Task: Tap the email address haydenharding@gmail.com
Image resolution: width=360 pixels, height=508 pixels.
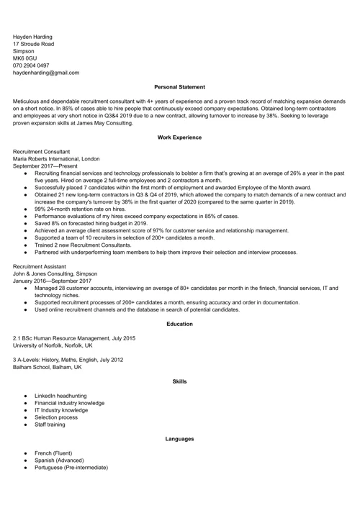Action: [46, 73]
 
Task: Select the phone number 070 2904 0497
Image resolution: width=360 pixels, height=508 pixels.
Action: [36, 63]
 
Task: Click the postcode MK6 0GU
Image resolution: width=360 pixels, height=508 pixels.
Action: [25, 54]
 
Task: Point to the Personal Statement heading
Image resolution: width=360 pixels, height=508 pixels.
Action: [179, 87]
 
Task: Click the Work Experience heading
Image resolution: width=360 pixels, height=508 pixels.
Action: [179, 137]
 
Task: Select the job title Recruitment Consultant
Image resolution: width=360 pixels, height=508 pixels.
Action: [42, 152]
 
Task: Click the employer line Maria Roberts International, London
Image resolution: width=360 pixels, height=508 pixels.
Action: [56, 159]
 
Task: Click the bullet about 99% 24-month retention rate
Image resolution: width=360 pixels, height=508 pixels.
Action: [80, 209]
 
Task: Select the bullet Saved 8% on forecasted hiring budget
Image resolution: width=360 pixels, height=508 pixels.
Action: [91, 223]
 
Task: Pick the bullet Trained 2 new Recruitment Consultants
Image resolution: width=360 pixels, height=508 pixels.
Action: [87, 245]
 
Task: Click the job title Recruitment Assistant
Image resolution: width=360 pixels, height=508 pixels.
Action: [40, 266]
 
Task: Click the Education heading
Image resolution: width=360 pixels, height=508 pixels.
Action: [179, 324]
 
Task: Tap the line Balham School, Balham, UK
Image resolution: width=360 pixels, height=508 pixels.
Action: [48, 367]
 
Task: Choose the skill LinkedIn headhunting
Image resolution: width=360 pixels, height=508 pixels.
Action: [60, 396]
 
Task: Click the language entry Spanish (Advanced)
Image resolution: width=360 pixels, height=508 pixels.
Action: [59, 460]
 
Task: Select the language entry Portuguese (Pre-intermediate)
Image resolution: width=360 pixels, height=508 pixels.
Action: [71, 467]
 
